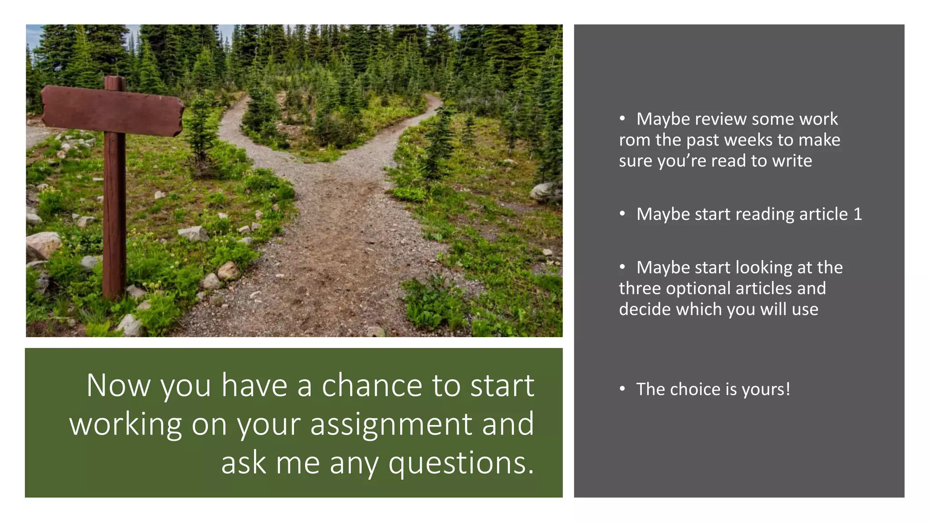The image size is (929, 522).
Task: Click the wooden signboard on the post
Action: tap(112, 111)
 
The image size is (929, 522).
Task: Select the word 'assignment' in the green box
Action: tap(391, 425)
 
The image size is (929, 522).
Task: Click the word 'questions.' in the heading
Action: tap(461, 464)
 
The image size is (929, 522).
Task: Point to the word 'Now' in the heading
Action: tap(118, 386)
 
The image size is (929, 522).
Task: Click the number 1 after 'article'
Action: tap(857, 214)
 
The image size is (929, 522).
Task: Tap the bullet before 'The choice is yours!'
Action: tap(622, 389)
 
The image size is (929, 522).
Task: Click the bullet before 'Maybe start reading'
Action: tap(622, 213)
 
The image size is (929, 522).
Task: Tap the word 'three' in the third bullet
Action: tap(640, 289)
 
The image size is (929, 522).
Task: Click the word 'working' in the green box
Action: tap(126, 425)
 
